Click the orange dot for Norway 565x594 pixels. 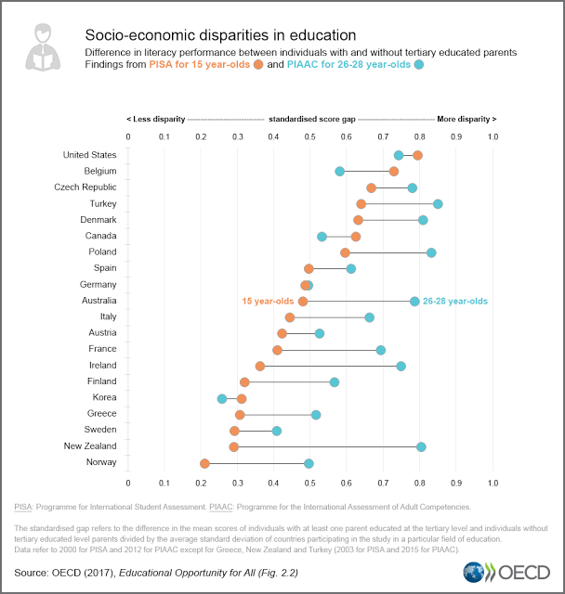204,462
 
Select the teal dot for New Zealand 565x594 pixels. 421,446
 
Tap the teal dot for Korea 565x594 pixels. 222,398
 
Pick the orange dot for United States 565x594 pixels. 417,155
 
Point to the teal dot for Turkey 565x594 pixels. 438,203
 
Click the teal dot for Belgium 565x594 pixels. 339,171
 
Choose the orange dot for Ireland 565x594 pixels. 260,366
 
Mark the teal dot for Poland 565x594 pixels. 431,252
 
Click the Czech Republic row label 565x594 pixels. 85,187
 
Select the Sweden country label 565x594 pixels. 99,430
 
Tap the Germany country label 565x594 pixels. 98,284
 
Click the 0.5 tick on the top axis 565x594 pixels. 310,137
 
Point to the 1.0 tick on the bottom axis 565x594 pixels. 493,483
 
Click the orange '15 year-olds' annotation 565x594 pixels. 268,301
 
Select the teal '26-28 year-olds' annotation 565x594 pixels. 455,301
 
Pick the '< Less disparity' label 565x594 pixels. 155,119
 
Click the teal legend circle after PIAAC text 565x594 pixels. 419,65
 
